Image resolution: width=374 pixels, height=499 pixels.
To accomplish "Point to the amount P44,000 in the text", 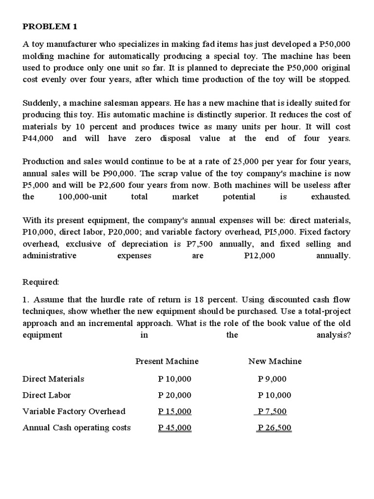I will click(38, 138).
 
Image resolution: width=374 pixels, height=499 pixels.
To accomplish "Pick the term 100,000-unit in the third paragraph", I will click(82, 197).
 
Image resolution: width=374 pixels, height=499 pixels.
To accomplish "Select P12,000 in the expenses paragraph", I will click(259, 255).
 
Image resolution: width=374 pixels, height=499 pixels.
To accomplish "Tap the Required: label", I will click(41, 282).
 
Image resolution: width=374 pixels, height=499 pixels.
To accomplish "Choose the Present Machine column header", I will click(167, 361).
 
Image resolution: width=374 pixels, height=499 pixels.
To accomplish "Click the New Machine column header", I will click(275, 361).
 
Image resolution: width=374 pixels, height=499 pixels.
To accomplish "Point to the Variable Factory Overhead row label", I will click(74, 411).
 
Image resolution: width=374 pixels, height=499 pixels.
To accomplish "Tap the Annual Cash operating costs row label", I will click(76, 427).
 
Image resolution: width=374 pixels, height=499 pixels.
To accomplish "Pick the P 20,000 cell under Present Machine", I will click(175, 395).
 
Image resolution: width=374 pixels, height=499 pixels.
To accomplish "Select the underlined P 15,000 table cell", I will click(175, 412).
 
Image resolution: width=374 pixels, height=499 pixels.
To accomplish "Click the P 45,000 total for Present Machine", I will click(175, 428).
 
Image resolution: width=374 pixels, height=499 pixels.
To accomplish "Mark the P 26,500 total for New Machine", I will click(274, 428).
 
